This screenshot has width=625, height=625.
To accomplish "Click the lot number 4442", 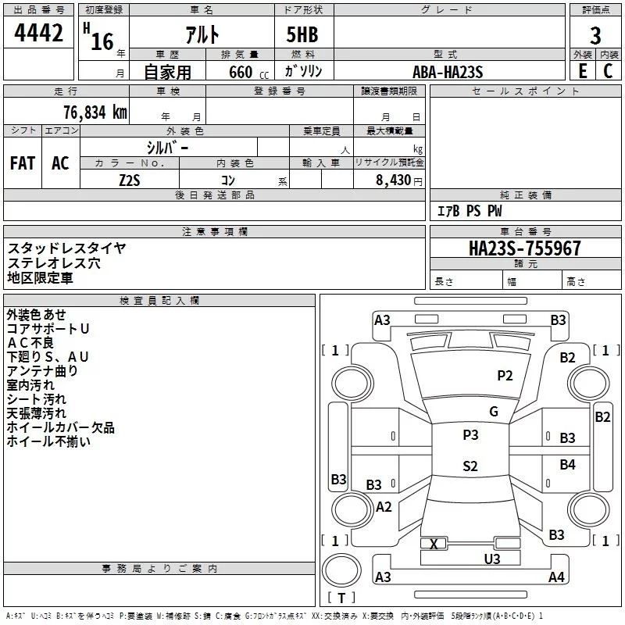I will pos(39,34).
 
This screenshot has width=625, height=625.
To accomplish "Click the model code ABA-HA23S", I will pos(448,72).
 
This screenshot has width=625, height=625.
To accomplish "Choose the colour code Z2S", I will pos(129,180).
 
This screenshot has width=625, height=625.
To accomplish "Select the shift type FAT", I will pos(22,163).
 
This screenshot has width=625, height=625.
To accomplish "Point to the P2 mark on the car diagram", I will pos(505,376).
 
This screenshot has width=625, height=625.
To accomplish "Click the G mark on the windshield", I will pos(493,412).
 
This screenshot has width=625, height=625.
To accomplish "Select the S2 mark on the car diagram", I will pos(470,466).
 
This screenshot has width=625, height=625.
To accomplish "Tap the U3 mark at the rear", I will pos(491,559).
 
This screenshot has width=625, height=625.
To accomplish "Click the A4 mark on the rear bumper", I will pos(556,577).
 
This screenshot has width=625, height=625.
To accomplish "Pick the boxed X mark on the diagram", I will pos(434,544).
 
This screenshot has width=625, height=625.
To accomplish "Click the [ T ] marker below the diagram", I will pos(341,598).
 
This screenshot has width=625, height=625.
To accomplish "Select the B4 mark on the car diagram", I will pos(567,465).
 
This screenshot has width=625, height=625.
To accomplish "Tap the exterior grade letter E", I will pos(582,70).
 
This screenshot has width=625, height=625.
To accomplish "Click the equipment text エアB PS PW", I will pos(469,211).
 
